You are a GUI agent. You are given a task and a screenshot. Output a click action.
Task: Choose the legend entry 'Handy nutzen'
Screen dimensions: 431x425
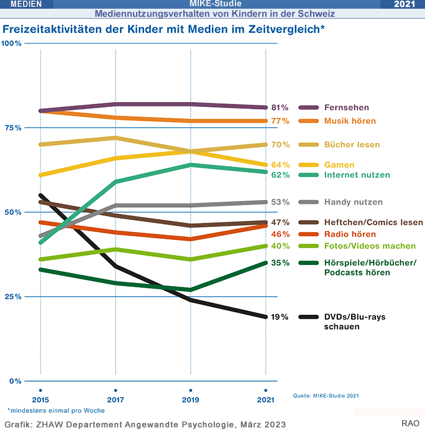tap(354, 202)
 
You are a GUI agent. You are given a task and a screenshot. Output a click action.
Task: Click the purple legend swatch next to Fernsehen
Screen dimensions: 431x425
tap(308, 108)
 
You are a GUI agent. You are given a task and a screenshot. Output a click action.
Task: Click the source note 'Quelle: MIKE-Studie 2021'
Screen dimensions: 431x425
tap(326, 395)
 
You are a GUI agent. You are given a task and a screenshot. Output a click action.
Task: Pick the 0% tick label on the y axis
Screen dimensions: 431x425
tap(14, 381)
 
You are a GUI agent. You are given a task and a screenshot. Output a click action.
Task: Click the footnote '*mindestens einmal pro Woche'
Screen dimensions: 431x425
tap(56, 410)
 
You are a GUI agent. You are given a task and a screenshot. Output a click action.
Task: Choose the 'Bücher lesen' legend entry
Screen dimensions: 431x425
tap(352, 145)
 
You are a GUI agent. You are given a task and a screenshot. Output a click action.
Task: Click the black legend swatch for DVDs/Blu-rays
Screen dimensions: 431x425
tap(308, 317)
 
